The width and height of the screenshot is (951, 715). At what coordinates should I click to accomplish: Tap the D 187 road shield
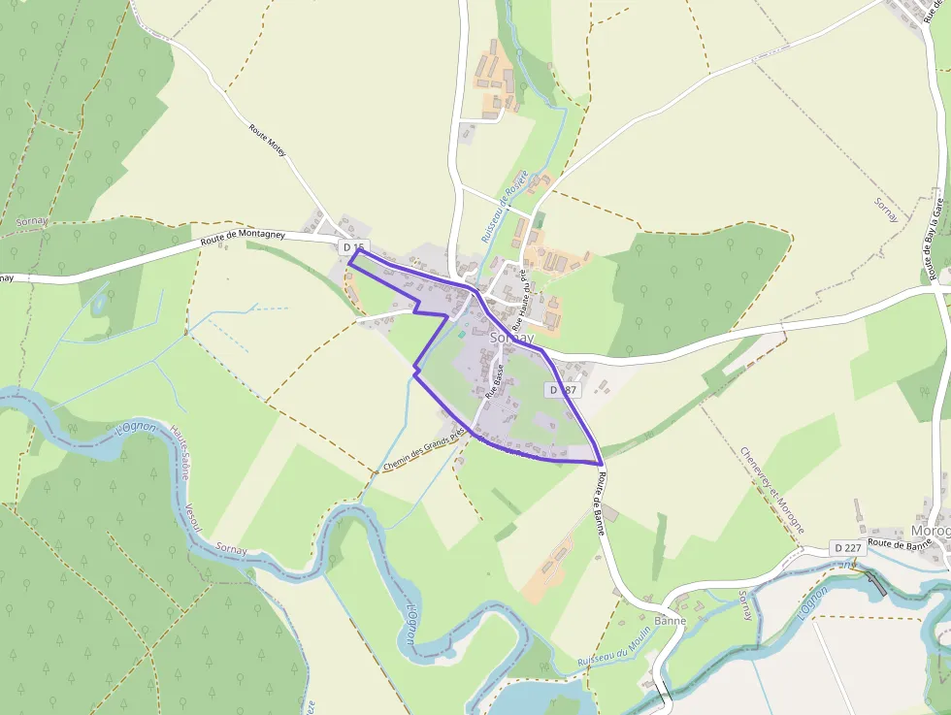[563, 389]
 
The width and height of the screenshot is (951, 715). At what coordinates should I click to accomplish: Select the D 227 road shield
[846, 548]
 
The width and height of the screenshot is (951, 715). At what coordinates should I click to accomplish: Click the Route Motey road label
[268, 143]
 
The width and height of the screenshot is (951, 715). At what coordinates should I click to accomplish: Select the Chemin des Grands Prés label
[424, 451]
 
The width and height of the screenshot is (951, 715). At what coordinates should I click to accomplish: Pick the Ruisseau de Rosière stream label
[496, 214]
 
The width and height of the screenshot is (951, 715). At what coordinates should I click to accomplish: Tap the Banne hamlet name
[670, 621]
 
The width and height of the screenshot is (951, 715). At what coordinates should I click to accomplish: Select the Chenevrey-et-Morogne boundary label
[771, 490]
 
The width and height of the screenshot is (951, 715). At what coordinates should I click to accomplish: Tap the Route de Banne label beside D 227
[899, 544]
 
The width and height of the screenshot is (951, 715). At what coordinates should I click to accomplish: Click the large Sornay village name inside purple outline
[512, 338]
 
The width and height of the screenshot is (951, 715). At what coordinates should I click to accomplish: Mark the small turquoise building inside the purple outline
[462, 335]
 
